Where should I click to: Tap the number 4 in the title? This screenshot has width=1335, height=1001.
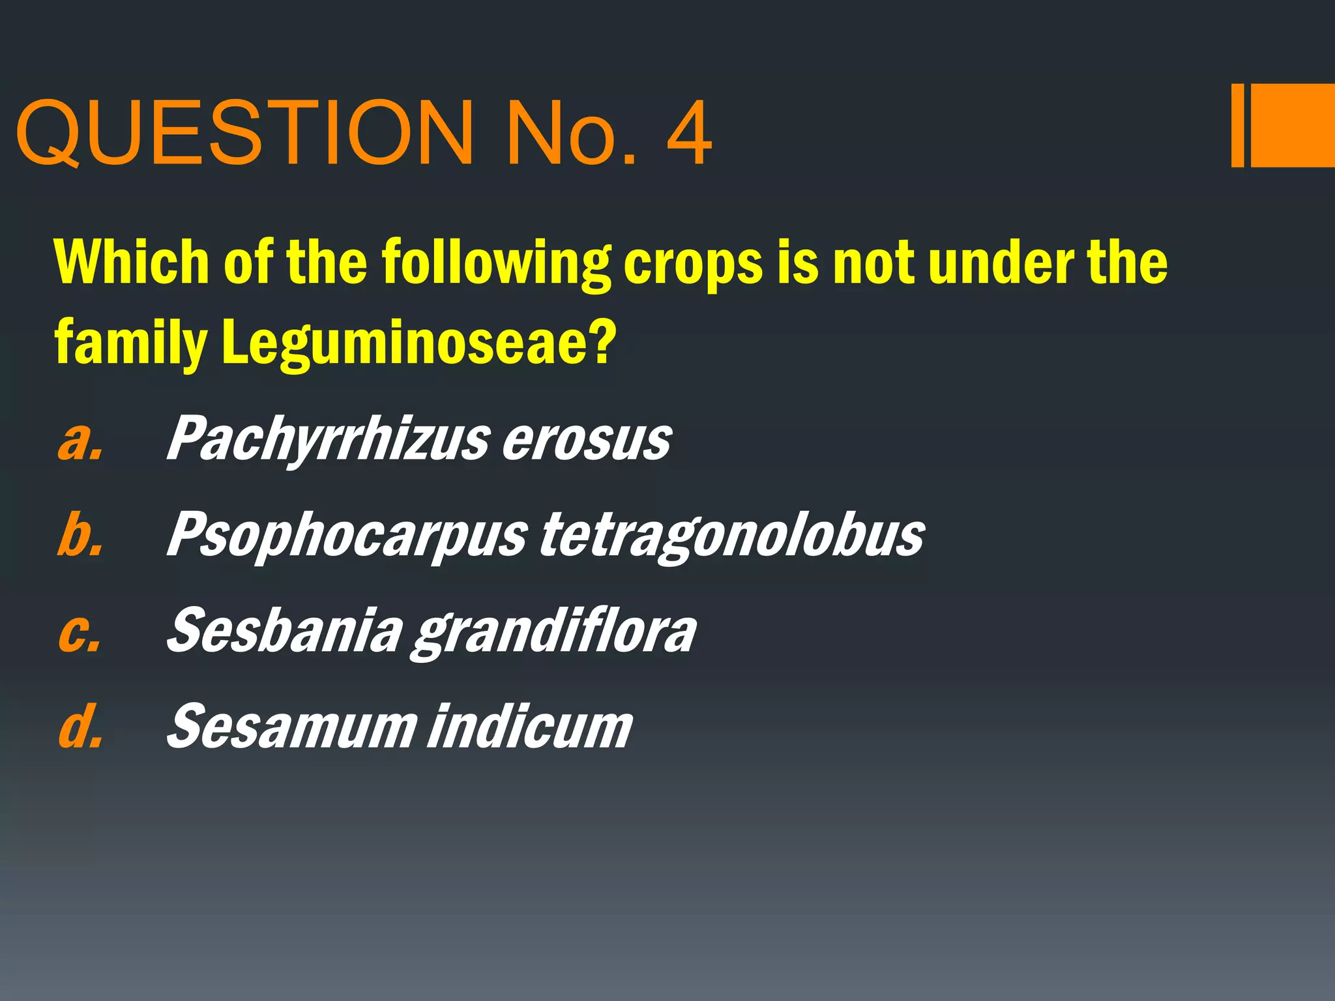coord(688,134)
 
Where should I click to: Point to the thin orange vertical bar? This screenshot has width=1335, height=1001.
coord(1237,125)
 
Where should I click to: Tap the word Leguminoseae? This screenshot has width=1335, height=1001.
coord(417,343)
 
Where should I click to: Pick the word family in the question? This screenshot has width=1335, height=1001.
coord(130,343)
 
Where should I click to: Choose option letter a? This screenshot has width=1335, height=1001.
coord(80,441)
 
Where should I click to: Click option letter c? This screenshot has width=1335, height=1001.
coord(80,632)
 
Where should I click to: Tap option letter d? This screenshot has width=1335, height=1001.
coord(80,726)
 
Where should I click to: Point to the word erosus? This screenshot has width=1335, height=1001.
coord(587,441)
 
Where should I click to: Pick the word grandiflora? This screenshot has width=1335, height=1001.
coord(554,632)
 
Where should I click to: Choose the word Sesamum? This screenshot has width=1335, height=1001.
coord(291,726)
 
